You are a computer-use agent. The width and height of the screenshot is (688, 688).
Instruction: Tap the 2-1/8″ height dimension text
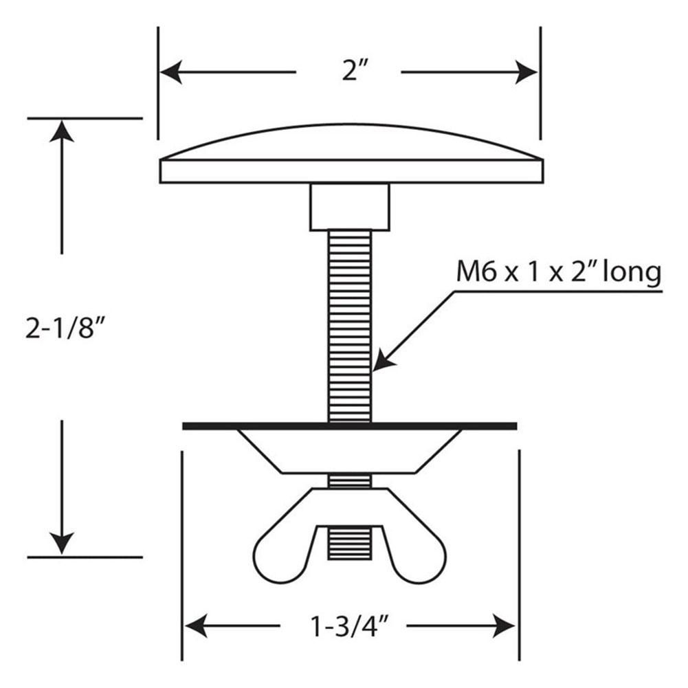[66, 329]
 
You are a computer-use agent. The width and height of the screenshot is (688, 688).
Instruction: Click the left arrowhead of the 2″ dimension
[171, 72]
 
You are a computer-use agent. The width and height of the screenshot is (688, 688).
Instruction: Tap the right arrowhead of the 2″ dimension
[526, 72]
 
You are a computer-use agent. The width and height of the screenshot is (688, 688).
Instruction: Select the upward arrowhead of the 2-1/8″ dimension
[61, 131]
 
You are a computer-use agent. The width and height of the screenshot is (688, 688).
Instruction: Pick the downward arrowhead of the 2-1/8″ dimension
[61, 543]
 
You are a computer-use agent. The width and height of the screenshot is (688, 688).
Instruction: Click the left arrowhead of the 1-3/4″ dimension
[196, 625]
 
